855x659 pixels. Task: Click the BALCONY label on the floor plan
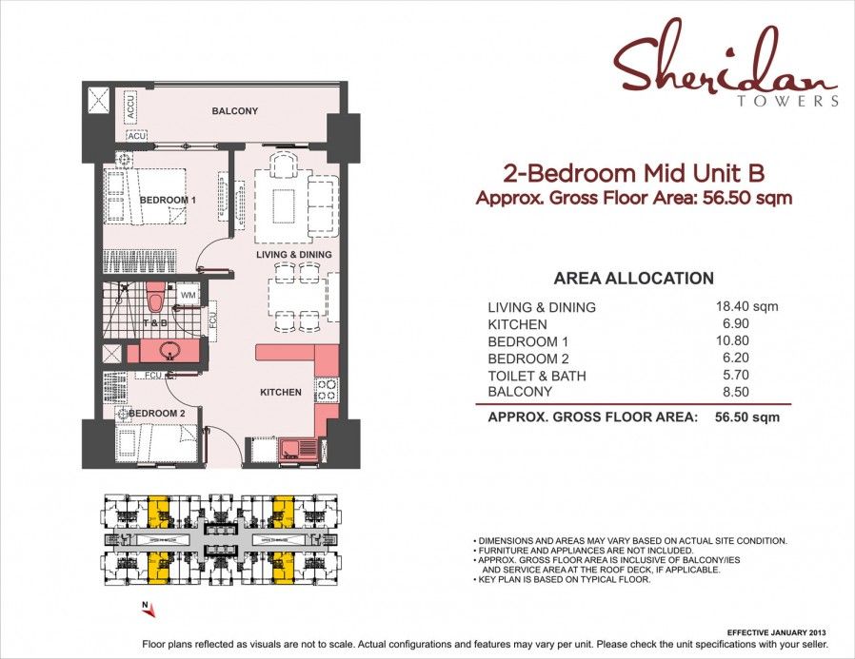pos(234,111)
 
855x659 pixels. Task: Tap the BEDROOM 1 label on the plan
pos(168,200)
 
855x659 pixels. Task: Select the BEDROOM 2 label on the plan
pos(156,414)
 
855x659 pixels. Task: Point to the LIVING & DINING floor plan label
pos(293,255)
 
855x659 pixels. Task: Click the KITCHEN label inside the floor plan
pos(281,392)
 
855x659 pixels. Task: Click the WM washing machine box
pos(187,295)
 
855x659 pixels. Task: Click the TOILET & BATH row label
pos(536,376)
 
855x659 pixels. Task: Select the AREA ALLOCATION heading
pos(633,279)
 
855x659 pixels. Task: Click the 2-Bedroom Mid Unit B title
pos(633,173)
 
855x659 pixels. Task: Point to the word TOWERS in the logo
pos(788,101)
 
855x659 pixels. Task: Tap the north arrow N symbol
pos(143,605)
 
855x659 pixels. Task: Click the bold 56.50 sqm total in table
pos(746,417)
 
